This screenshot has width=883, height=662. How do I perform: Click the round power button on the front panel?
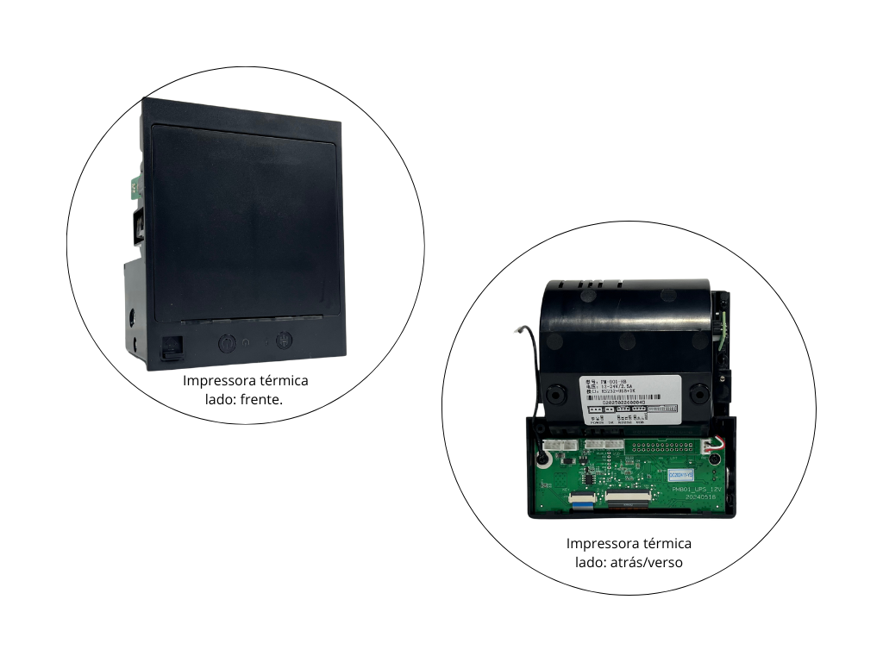tap(226, 342)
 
